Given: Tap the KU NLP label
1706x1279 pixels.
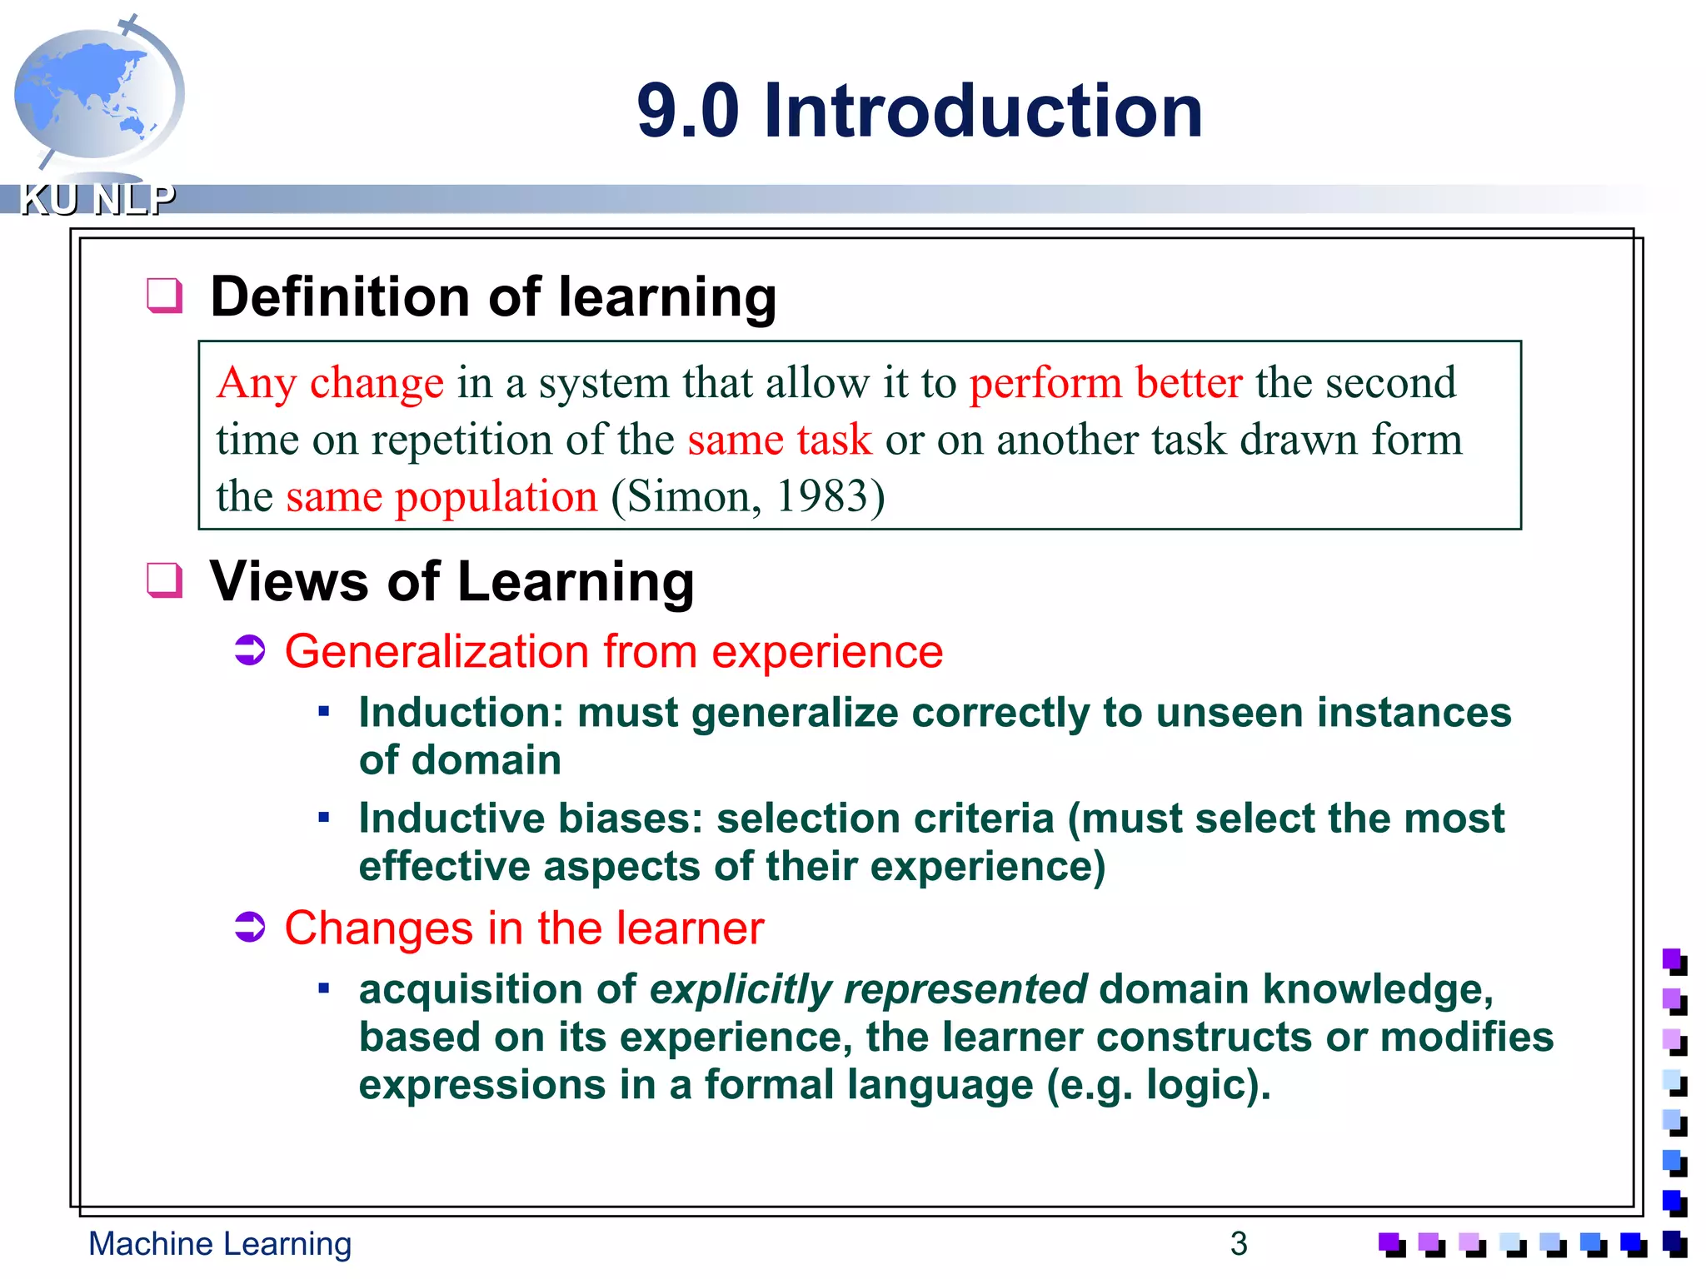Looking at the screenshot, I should pos(97,200).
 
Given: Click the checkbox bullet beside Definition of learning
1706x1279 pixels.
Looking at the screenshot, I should pos(164,296).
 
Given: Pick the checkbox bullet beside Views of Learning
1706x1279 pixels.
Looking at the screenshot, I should pos(164,580).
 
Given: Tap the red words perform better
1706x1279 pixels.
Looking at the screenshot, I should pos(1105,384).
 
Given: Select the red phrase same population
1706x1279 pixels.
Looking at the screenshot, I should pos(441,497).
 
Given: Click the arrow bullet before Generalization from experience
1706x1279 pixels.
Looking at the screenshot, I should pos(250,650).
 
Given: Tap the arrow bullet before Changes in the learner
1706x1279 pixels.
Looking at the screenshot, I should pos(250,927).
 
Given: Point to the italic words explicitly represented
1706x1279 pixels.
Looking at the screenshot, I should pos(868,990).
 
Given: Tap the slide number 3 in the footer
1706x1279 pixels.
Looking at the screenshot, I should pos(1239,1244).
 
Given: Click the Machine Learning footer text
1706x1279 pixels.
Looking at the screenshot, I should pos(220,1244).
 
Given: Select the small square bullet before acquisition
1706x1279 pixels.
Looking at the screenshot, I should pos(324,988).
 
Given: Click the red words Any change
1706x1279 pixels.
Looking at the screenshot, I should pos(330,384).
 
